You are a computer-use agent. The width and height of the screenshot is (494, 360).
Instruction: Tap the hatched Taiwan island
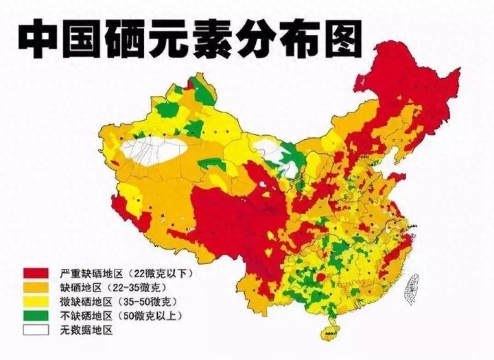click(413, 287)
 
